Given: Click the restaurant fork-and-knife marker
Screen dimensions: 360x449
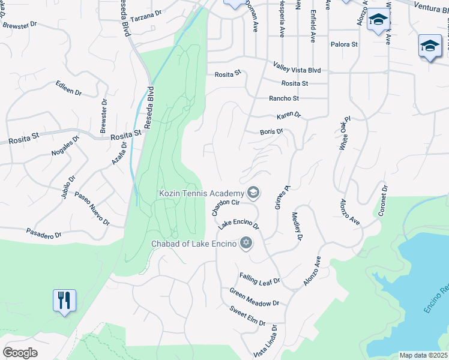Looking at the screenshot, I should click(65, 299).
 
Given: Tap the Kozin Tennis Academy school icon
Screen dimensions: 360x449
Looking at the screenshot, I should click(253, 193).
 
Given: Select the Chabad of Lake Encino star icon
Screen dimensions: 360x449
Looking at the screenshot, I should click(245, 243).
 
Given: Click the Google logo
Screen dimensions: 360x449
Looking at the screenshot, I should click(20, 353).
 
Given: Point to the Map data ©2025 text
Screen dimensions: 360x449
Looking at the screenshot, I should click(423, 355).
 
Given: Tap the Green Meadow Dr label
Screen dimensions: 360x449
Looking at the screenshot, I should click(255, 298).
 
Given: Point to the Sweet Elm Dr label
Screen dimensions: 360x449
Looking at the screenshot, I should click(247, 316).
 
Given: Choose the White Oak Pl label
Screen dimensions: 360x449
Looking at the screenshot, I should click(344, 133).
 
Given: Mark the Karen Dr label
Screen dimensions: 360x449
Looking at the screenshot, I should click(288, 115).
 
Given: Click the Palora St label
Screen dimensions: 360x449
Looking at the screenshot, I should click(344, 44).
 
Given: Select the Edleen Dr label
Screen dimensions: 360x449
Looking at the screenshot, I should click(68, 89).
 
